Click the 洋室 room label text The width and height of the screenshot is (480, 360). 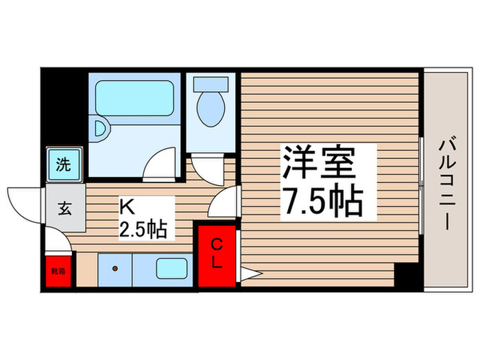pyautogui.click(x=319, y=163)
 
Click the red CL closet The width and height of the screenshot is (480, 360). pyautogui.click(x=216, y=254)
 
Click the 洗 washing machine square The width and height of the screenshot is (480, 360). pyautogui.click(x=63, y=165)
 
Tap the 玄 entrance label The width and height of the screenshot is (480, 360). pyautogui.click(x=64, y=208)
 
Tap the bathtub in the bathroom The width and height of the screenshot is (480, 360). pyautogui.click(x=134, y=99)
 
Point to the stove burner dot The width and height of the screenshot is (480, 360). pyautogui.click(x=115, y=267)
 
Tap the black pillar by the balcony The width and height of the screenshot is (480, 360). pyautogui.click(x=409, y=276)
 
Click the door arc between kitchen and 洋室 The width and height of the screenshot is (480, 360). pyautogui.click(x=225, y=203)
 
